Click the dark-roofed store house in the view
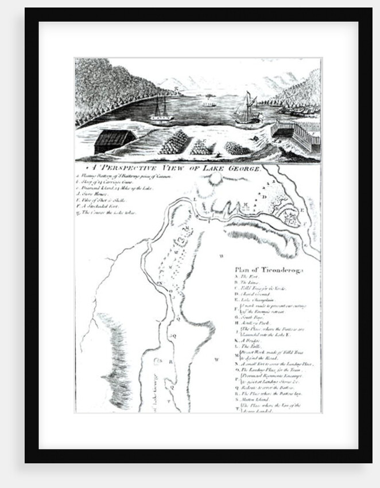(114, 141)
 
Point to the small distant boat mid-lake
(209, 104)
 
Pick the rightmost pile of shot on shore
(238, 148)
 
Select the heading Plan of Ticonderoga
(269, 269)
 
